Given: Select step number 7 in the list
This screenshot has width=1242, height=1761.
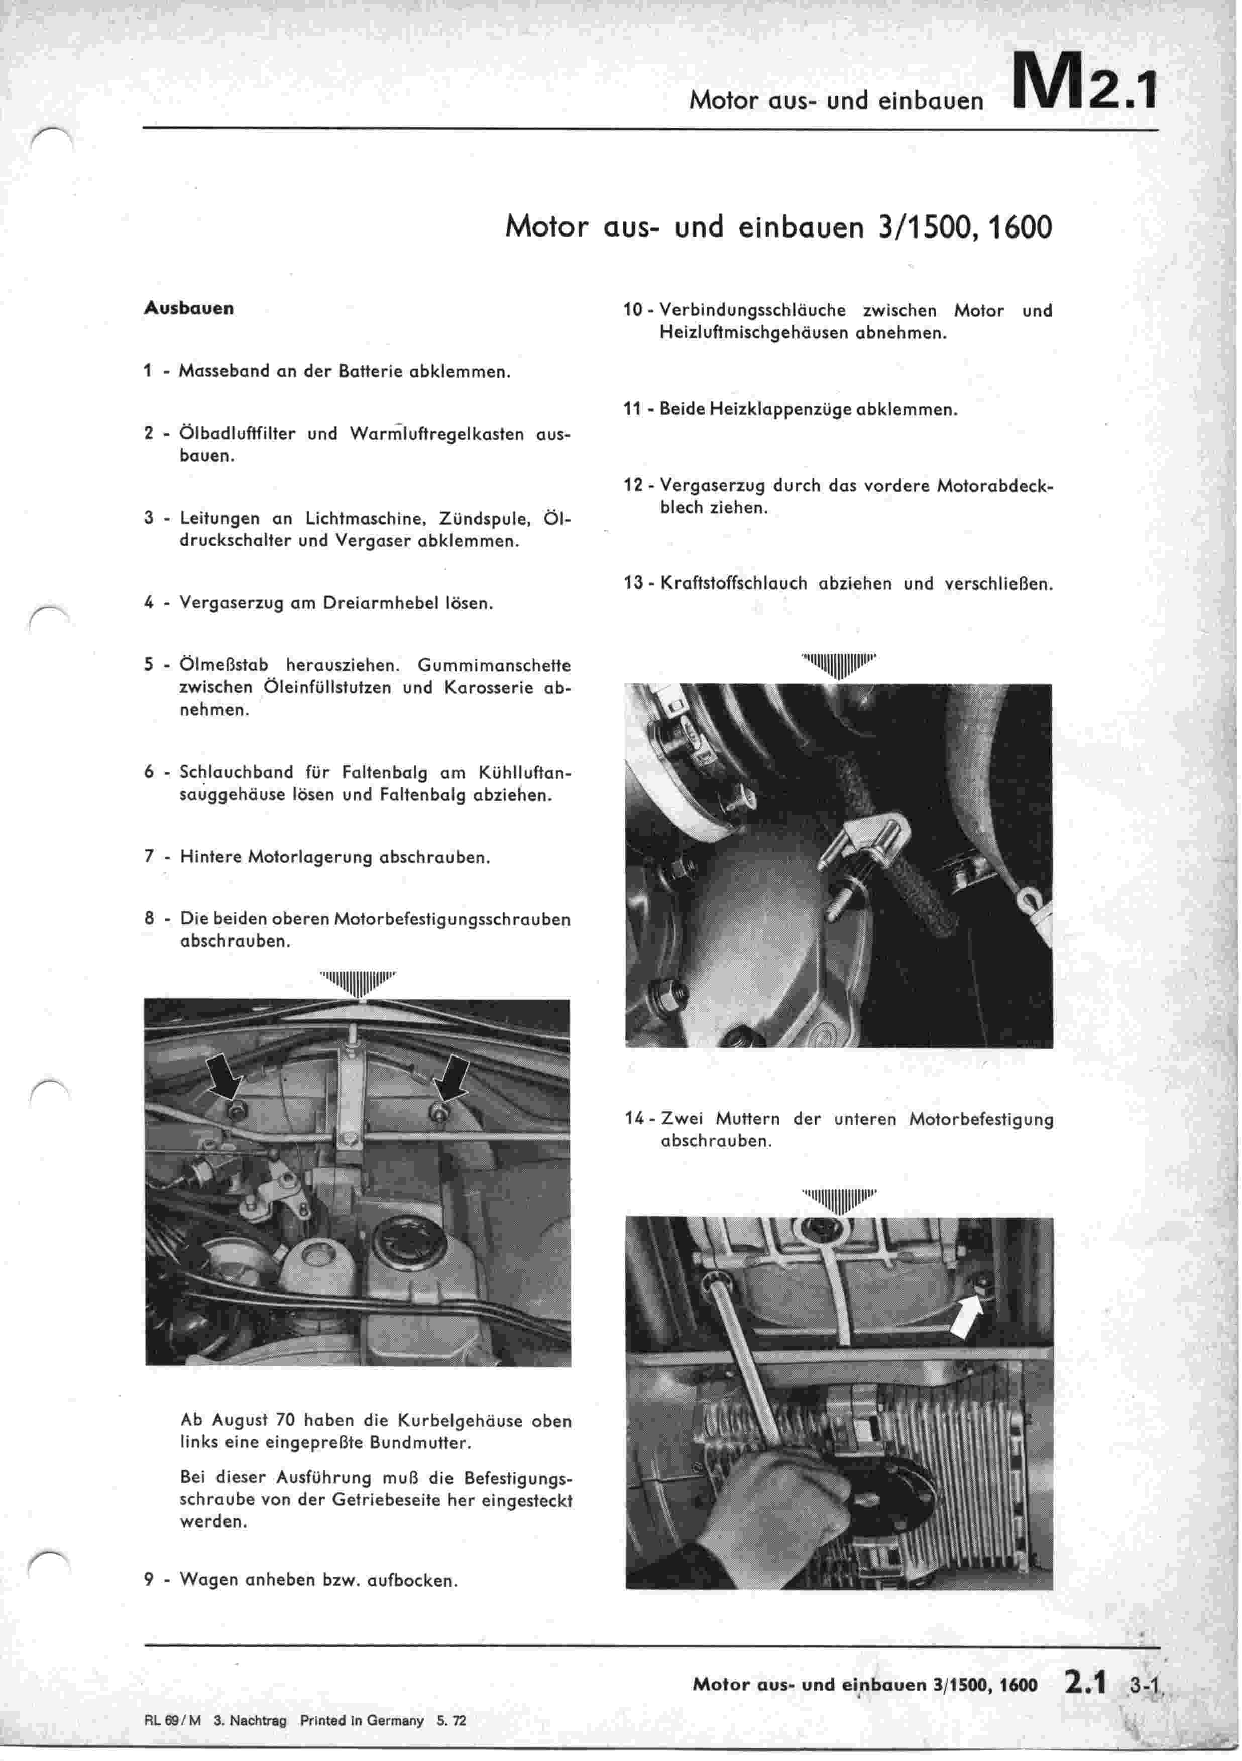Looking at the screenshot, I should [x=149, y=856].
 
